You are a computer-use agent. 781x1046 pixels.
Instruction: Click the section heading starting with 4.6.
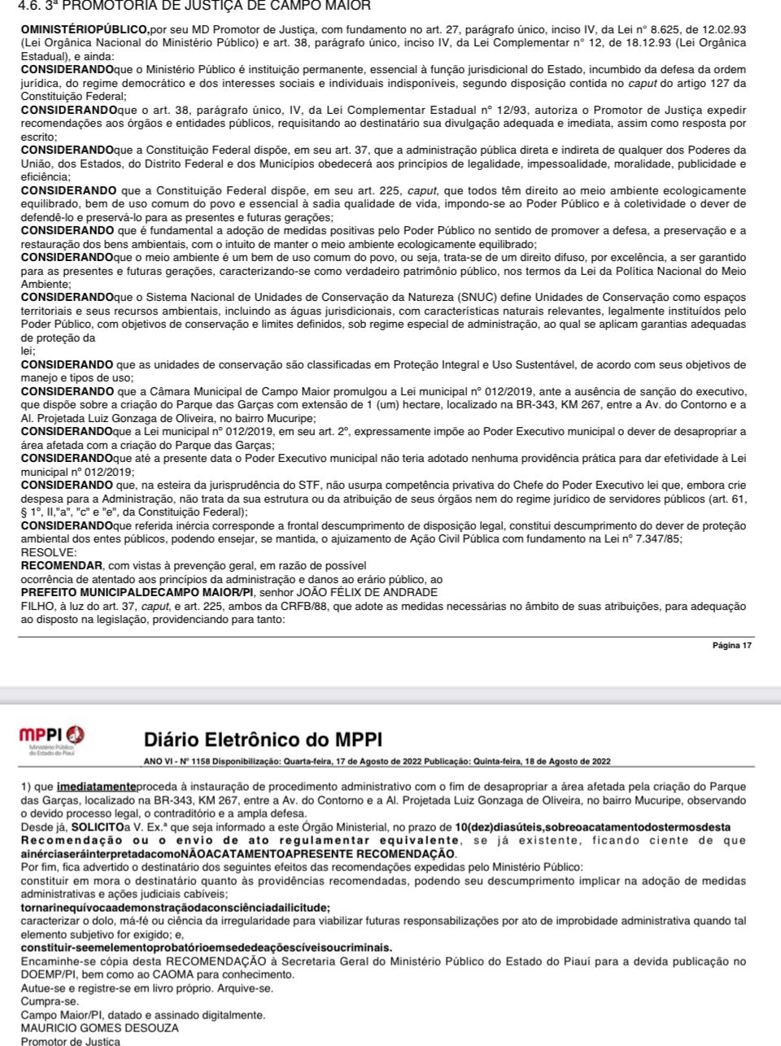coord(194,7)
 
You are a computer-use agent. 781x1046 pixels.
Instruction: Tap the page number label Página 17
coord(731,645)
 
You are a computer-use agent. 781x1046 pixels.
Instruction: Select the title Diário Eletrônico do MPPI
coord(262,739)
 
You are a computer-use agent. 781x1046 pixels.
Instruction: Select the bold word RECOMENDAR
coord(62,565)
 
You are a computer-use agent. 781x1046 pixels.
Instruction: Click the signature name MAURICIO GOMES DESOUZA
coord(100,1027)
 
